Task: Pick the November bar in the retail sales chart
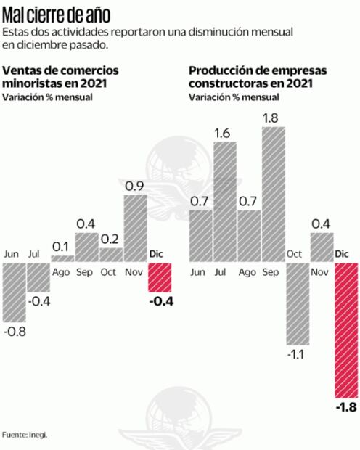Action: (x=135, y=228)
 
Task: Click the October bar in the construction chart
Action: (x=297, y=303)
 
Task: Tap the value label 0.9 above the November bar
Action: (x=135, y=186)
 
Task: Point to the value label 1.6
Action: (x=224, y=132)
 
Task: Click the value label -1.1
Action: (x=298, y=355)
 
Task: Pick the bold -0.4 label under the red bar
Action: (x=160, y=301)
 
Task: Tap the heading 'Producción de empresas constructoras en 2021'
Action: (x=258, y=76)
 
